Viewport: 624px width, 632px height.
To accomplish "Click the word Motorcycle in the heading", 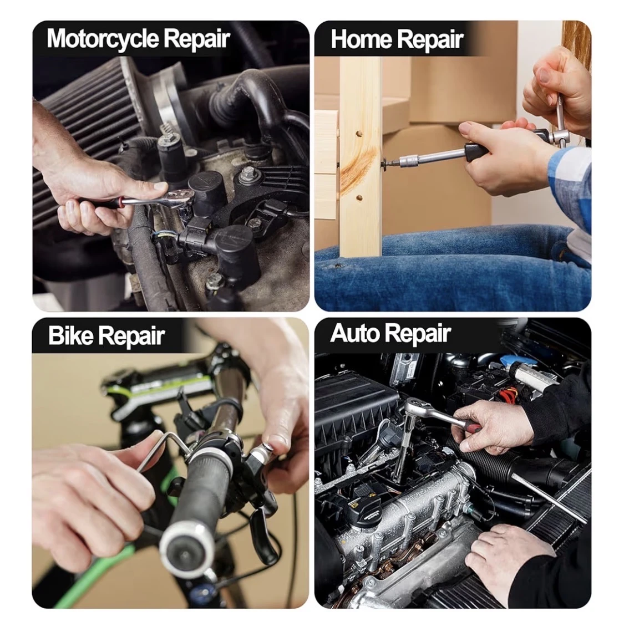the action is pos(103,39).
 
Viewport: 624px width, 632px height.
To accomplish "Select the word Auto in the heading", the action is pos(353,333).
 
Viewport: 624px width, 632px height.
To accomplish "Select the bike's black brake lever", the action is pos(262,528).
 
